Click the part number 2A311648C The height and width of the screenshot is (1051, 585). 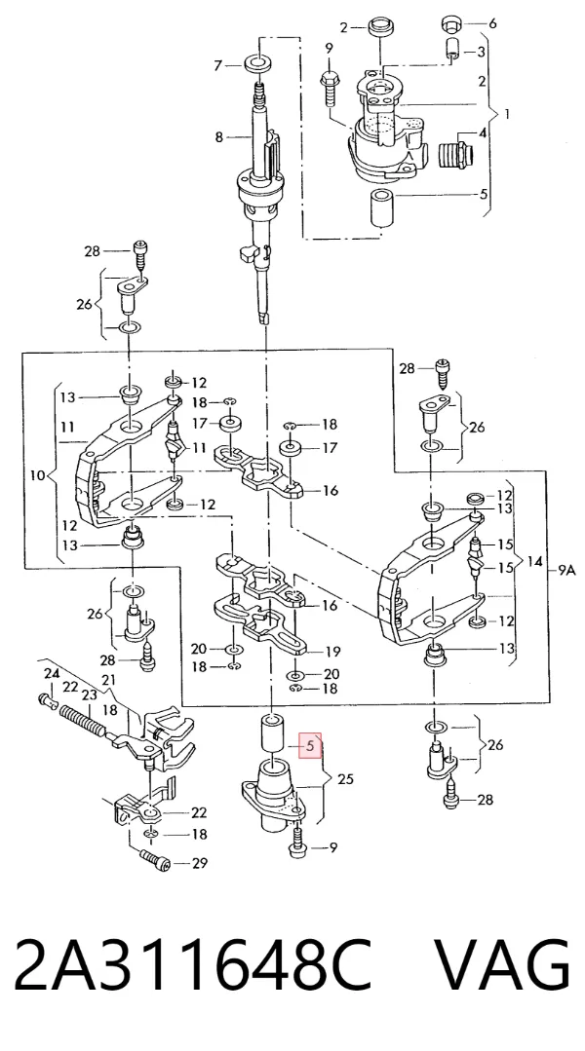[x=192, y=965]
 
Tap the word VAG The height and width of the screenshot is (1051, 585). [x=503, y=965]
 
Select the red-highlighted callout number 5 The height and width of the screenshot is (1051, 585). [x=310, y=745]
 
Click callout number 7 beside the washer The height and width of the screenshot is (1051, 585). [x=217, y=65]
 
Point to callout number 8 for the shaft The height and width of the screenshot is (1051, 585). [x=218, y=137]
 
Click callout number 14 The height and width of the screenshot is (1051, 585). [x=534, y=562]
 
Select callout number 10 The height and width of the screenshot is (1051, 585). [x=38, y=475]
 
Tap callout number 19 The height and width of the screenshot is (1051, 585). [x=332, y=651]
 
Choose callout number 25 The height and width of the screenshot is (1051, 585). [x=345, y=779]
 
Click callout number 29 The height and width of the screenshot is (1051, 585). [x=200, y=863]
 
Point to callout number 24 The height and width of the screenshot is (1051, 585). [x=52, y=674]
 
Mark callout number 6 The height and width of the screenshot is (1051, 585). [x=492, y=23]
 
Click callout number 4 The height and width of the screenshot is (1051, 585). [x=483, y=133]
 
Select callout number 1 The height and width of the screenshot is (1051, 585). [x=506, y=114]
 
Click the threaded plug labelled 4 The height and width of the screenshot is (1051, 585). [x=456, y=155]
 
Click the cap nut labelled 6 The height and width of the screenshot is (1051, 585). [x=450, y=24]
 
